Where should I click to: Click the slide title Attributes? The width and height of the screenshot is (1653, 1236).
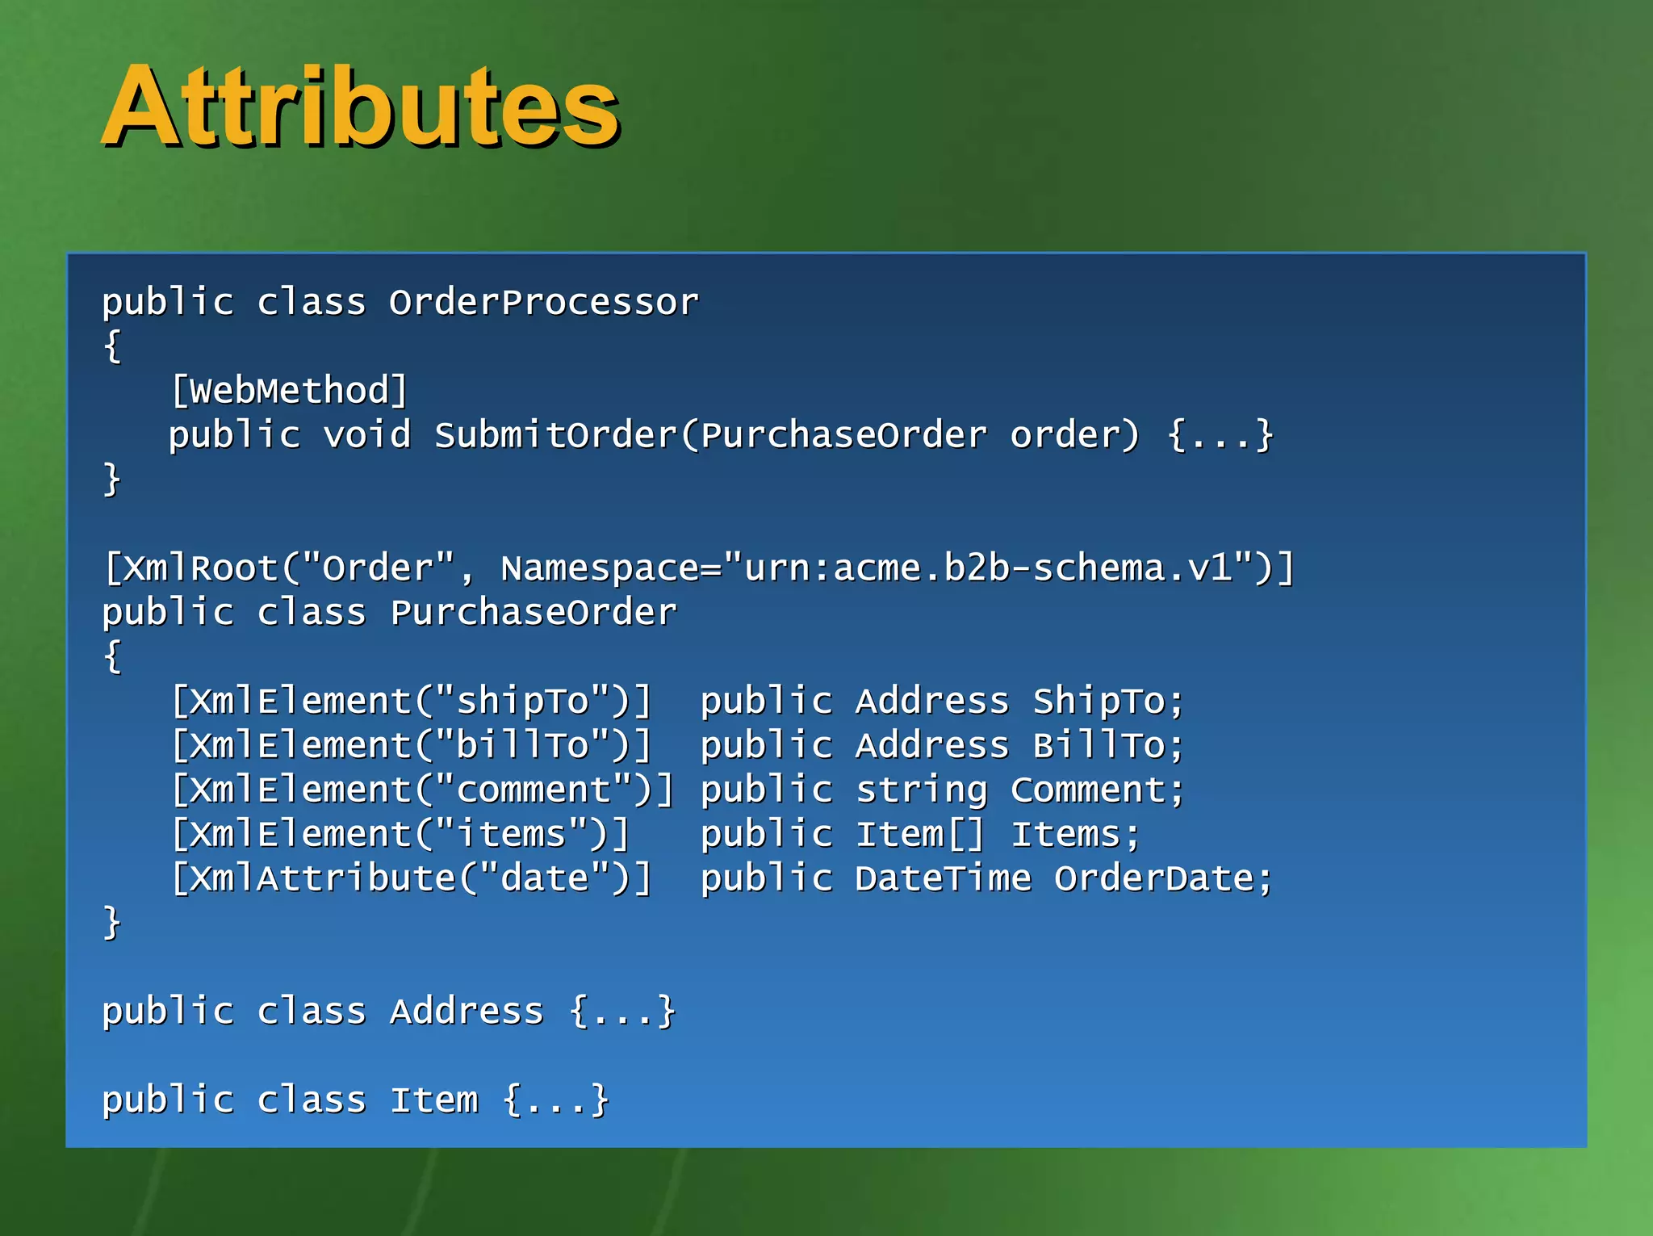click(361, 107)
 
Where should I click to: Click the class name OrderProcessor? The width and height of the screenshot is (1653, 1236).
click(543, 303)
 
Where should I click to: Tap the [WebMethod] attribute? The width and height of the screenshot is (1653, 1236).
click(289, 392)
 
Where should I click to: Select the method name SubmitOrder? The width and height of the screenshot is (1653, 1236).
click(555, 436)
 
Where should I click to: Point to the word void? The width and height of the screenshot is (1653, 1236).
click(367, 436)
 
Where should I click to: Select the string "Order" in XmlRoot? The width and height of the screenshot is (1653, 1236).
click(378, 568)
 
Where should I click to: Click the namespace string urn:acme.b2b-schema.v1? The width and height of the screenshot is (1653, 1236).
click(989, 568)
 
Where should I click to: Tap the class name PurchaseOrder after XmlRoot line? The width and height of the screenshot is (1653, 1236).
click(534, 613)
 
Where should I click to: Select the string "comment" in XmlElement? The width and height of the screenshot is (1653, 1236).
click(534, 790)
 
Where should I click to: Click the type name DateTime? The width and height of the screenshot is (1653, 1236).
click(943, 879)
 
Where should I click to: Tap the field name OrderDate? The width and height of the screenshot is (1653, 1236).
click(1154, 879)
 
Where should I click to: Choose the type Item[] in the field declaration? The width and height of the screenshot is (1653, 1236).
click(920, 835)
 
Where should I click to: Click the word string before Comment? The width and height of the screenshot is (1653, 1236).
click(921, 790)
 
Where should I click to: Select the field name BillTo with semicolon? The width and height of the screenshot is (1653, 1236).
click(1108, 746)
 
